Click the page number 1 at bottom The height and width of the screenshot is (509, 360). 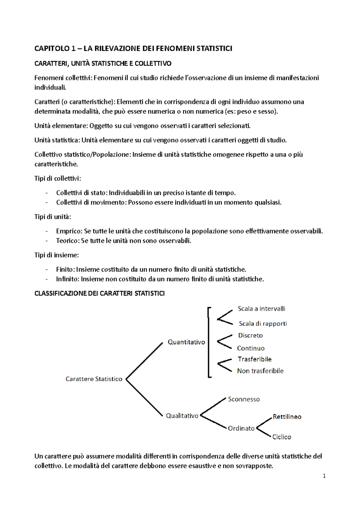tap(324, 476)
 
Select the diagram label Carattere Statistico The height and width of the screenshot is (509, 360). tap(94, 379)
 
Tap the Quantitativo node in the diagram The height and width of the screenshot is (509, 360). tap(186, 342)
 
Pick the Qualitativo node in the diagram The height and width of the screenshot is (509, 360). tap(182, 416)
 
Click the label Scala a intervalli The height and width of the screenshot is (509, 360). tap(261, 309)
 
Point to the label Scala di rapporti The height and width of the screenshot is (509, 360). tap(263, 323)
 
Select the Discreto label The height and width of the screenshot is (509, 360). tap(250, 335)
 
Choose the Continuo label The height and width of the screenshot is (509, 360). tap(251, 348)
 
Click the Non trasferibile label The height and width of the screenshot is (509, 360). tap(260, 371)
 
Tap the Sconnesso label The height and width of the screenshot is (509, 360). tap(244, 399)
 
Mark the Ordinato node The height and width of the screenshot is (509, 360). tap(241, 428)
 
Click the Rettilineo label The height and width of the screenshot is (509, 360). tap(287, 417)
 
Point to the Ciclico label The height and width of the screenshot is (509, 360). tap(281, 437)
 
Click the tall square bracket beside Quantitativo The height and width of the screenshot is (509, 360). tap(208, 342)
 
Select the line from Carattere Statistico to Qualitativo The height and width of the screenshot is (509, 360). tap(144, 398)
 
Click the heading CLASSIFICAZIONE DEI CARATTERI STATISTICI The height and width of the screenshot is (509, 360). tap(99, 293)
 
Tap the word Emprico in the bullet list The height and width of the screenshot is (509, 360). tap(69, 231)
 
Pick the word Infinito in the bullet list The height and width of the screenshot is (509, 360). tap(68, 279)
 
